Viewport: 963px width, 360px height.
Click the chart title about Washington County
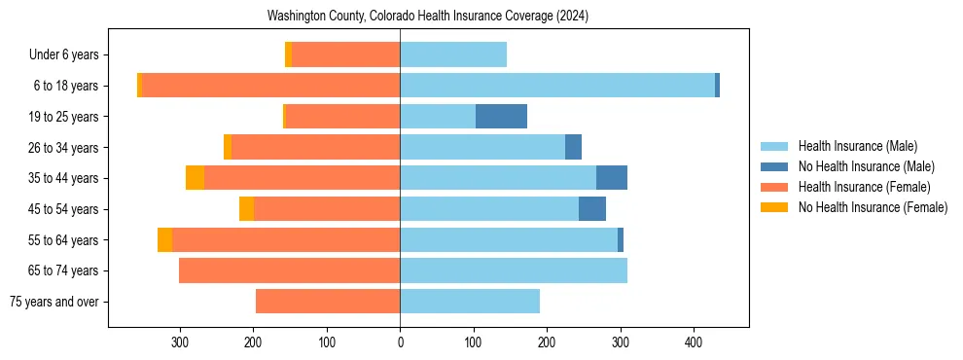428,17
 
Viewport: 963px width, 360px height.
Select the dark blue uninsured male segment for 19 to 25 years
501,117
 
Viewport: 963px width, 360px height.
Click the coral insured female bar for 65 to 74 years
289,270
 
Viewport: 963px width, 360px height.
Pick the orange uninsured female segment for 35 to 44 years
195,178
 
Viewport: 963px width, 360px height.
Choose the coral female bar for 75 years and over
328,302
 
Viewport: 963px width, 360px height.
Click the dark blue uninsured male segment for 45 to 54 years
592,209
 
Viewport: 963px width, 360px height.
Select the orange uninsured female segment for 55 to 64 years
164,240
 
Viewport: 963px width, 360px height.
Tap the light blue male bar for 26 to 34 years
482,148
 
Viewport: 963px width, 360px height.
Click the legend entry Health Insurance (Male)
857,146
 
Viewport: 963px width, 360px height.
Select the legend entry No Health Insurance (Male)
866,166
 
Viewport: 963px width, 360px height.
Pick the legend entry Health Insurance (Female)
864,187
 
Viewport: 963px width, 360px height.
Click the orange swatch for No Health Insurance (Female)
774,207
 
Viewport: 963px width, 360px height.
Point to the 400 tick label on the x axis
694,342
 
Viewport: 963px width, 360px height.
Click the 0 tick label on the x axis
400,342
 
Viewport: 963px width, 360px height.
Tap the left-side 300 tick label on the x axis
180,342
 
